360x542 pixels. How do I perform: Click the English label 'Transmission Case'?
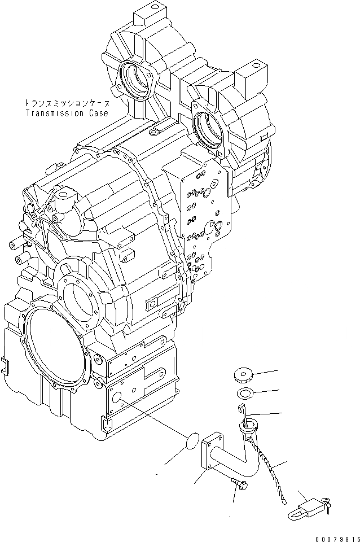(67, 112)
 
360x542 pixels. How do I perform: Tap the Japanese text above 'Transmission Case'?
(67, 103)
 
